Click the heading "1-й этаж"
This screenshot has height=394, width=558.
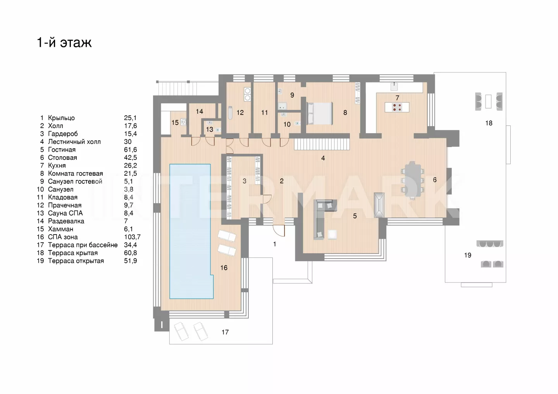coord(64,42)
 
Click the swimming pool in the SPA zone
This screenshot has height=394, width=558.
coord(191,231)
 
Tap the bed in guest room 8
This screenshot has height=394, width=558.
coord(320,113)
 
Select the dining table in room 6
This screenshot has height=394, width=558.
coord(412,180)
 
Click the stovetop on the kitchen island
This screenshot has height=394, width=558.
coord(397,107)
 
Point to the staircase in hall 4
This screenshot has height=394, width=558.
coord(322,144)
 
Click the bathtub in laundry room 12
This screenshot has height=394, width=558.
coord(230,113)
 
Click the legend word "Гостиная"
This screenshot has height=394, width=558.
coord(62,150)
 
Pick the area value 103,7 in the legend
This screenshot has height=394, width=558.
coord(132,237)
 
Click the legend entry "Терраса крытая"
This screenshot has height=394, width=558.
coord(73,253)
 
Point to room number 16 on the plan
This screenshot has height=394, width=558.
coord(224,268)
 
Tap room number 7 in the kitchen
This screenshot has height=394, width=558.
coord(397,98)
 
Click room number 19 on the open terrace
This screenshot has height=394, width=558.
coord(468,255)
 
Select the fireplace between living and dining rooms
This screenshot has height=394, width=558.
coord(379,205)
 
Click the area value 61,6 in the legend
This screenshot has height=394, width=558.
coord(131,150)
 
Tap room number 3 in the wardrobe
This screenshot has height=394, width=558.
coord(245,181)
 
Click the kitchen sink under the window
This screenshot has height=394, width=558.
coord(394,87)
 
